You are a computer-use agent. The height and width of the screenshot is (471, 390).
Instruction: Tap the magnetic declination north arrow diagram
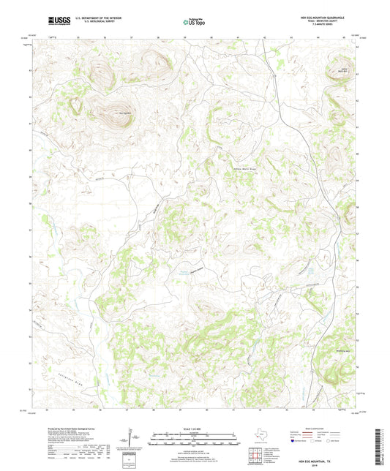pyautogui.click(x=132, y=440)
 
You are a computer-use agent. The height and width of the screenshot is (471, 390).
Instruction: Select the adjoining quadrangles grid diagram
pyautogui.click(x=253, y=456)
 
